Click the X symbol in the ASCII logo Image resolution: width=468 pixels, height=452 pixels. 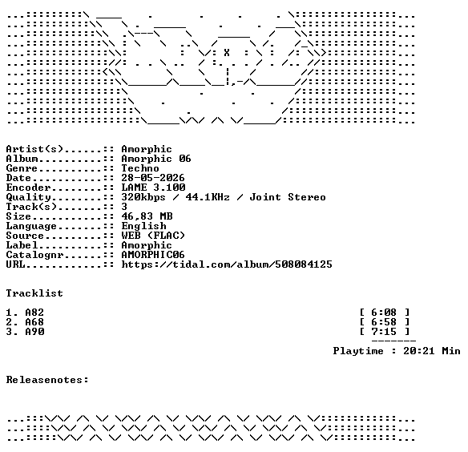click(227, 53)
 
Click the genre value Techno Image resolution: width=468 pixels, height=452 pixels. click(140, 168)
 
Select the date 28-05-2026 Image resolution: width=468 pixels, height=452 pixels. click(153, 178)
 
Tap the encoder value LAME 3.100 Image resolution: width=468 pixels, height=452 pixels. click(153, 188)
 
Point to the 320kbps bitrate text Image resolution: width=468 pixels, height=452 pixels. click(143, 197)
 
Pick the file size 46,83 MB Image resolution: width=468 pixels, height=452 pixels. click(147, 216)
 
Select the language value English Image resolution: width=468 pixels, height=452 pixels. click(143, 226)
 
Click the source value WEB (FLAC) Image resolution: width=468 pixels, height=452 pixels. click(153, 236)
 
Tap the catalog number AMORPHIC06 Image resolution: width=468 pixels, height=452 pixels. click(153, 255)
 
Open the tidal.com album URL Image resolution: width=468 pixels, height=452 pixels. click(227, 264)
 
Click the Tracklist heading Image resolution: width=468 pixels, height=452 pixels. click(34, 293)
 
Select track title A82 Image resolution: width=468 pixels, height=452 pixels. click(34, 313)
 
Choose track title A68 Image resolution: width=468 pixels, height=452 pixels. click(34, 322)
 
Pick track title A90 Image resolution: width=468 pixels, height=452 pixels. click(34, 332)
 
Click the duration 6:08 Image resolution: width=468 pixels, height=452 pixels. click(384, 313)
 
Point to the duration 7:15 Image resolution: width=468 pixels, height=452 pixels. click(384, 332)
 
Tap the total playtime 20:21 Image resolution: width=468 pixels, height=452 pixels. click(419, 350)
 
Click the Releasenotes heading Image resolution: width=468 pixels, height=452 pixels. click(47, 380)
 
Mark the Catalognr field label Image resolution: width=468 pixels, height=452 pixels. click(34, 255)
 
